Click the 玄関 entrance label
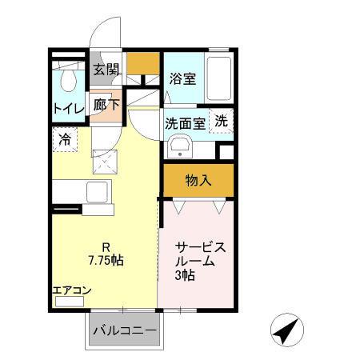click(106, 70)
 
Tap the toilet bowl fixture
click(69, 80)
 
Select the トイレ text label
click(69, 109)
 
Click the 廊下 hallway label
click(106, 105)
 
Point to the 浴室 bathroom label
click(183, 78)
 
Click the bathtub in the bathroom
click(219, 78)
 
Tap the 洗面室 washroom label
click(185, 123)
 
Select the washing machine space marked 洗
click(222, 121)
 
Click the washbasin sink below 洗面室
click(181, 146)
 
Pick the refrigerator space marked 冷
click(65, 140)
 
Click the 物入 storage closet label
click(198, 181)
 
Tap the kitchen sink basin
click(97, 192)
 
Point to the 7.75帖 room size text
click(106, 260)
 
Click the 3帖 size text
click(185, 275)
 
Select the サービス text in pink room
click(201, 247)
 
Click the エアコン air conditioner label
click(72, 290)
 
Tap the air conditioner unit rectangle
click(70, 302)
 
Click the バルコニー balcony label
click(125, 331)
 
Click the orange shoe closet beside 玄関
click(143, 63)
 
